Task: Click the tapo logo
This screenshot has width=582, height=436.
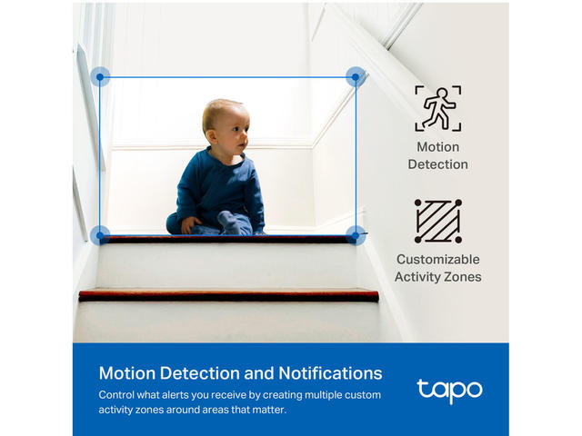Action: tap(449, 391)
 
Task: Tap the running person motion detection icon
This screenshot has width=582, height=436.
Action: tap(438, 108)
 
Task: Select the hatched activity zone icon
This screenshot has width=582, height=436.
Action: tap(438, 221)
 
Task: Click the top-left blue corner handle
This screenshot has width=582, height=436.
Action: tap(100, 76)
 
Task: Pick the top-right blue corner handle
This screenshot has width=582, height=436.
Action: tap(356, 76)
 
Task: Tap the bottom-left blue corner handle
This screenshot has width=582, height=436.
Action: tap(100, 235)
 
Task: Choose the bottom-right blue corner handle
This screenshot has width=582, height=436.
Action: tap(356, 235)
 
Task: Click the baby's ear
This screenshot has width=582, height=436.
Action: tap(212, 136)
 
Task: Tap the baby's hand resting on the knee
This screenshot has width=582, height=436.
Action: tap(190, 224)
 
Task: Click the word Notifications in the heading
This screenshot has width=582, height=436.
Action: tap(330, 373)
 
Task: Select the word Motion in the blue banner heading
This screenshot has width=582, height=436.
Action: tap(127, 373)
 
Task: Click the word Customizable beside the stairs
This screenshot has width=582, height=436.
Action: tap(438, 259)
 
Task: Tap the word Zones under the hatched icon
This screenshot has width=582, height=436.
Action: tap(463, 277)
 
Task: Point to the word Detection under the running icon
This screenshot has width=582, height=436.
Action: tap(438, 164)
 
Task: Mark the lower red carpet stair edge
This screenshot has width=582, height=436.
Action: tap(228, 295)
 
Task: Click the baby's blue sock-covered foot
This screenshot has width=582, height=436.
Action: tap(230, 222)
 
